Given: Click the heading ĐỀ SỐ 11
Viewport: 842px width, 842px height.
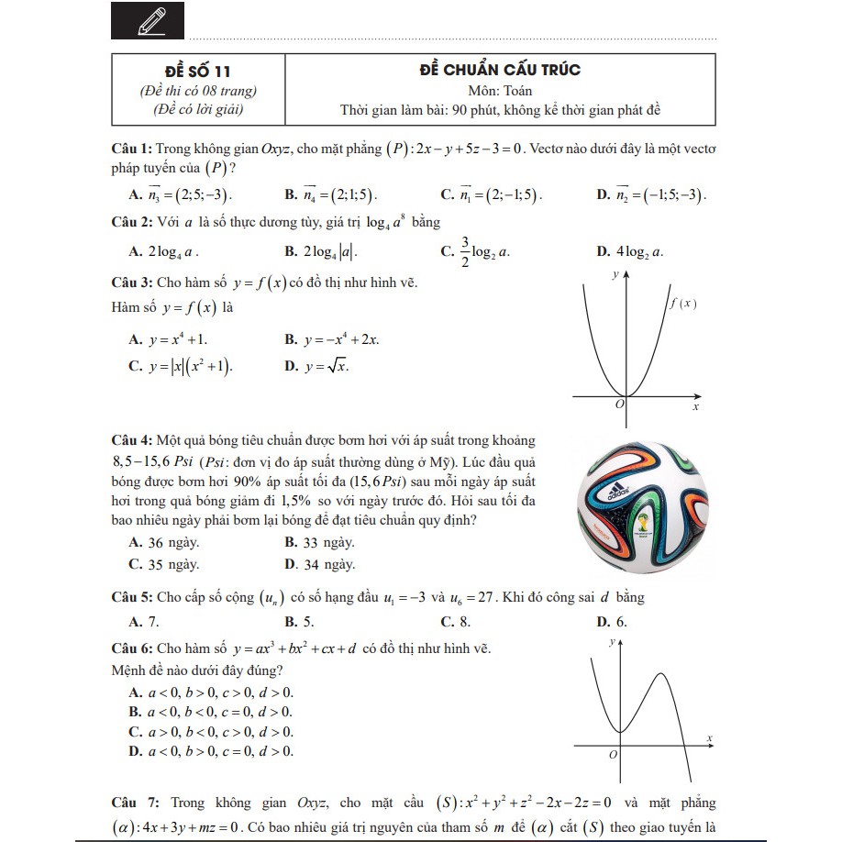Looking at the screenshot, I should (x=197, y=71).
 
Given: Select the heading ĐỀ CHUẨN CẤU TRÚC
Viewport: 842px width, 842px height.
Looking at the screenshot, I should (x=499, y=71).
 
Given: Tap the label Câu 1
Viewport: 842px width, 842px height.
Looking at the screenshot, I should (x=131, y=149).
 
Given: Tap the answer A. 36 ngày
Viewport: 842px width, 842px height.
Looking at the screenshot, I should (x=165, y=543).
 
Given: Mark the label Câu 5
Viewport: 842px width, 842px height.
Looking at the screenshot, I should (x=131, y=598).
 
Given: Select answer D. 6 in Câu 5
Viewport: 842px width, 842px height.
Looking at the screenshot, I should (x=611, y=622).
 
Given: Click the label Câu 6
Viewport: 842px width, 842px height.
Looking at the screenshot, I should (x=131, y=648).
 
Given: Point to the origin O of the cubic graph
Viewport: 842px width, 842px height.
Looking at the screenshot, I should (x=614, y=753).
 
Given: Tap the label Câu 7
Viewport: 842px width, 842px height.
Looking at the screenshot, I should (x=133, y=803).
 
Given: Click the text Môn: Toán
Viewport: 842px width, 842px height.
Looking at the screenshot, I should (x=499, y=91).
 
